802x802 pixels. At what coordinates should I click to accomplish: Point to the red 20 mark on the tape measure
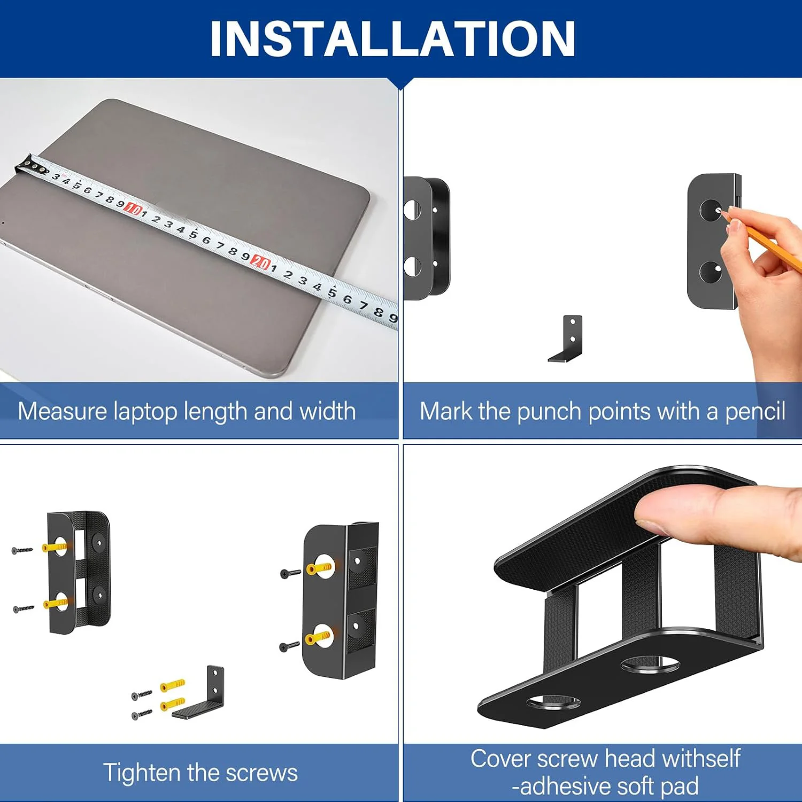(x=261, y=262)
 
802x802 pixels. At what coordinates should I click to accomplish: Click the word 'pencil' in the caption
(x=755, y=411)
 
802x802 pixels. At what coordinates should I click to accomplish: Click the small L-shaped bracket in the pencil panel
(x=566, y=339)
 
